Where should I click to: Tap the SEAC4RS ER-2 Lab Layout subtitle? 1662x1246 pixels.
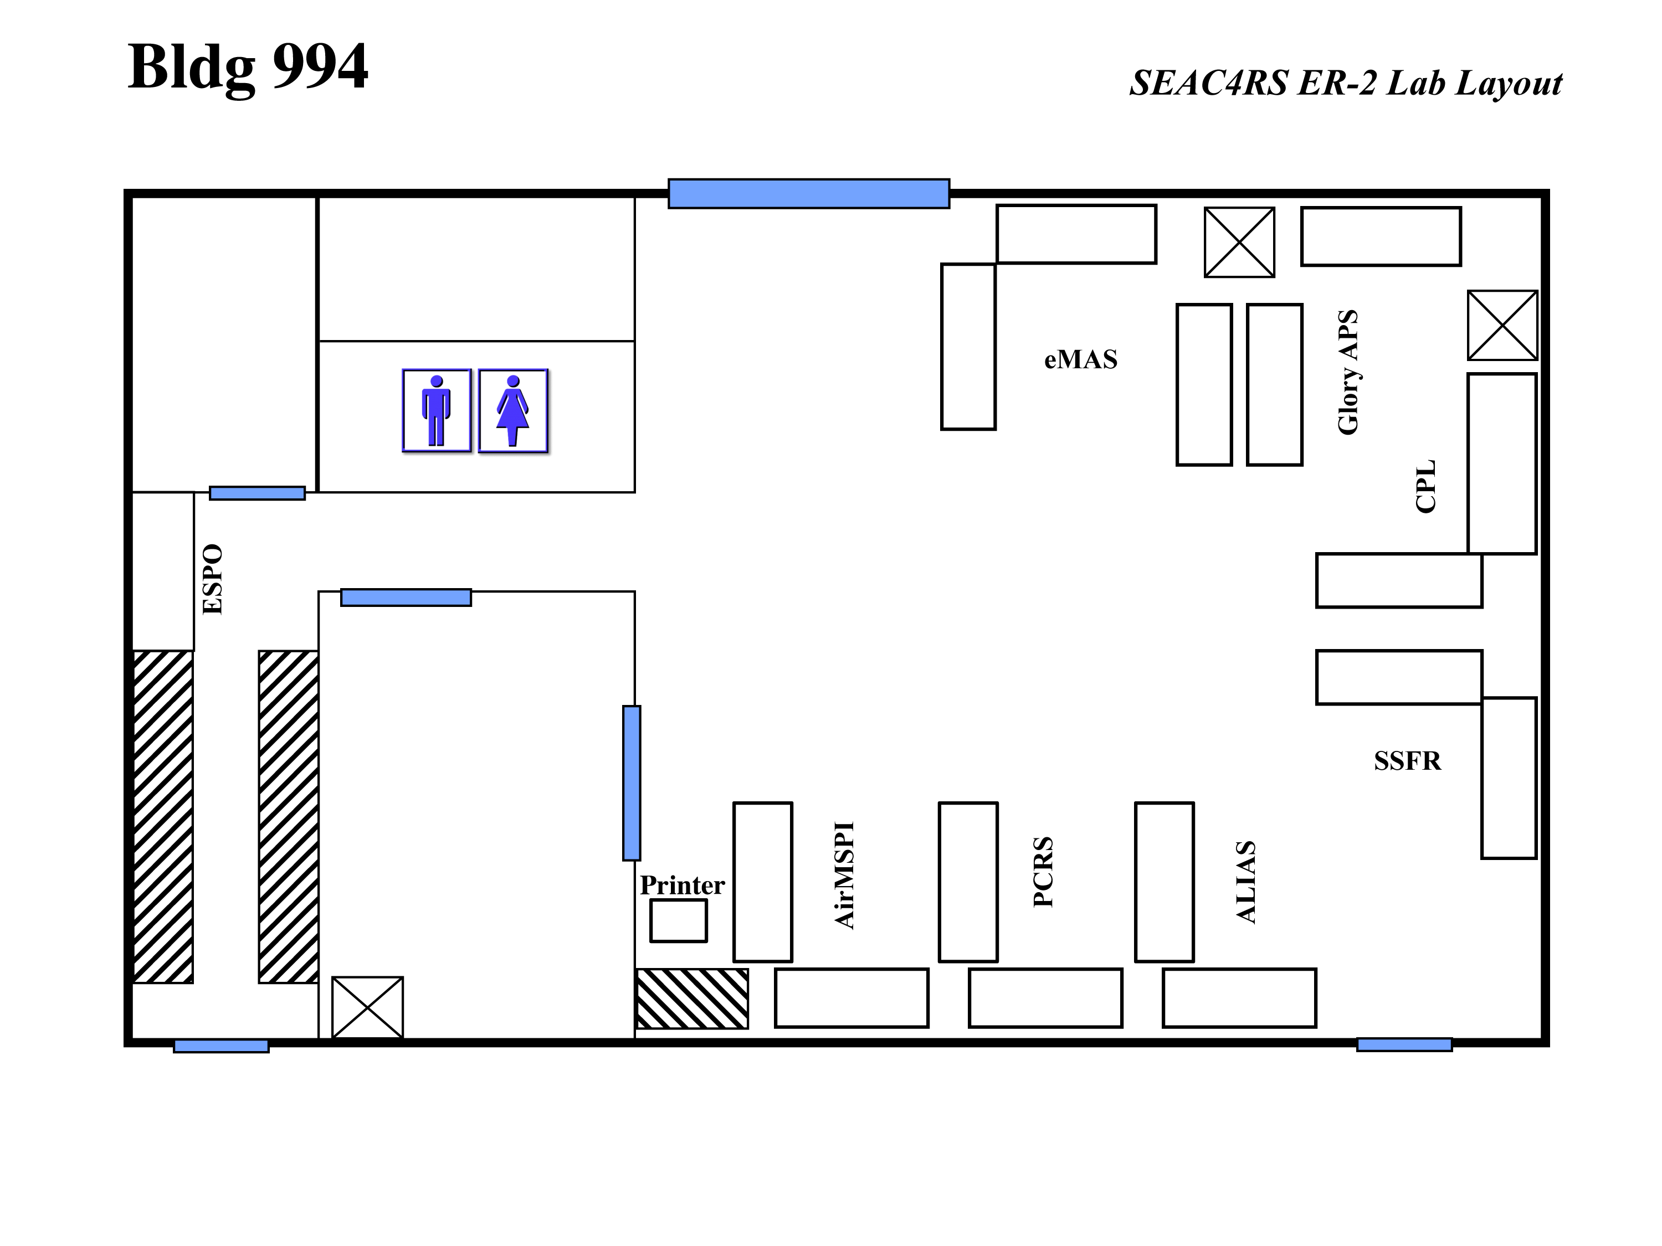click(1346, 83)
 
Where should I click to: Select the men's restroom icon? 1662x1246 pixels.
click(437, 410)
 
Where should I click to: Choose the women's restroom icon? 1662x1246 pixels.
click(513, 410)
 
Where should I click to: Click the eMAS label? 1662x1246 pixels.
click(1080, 360)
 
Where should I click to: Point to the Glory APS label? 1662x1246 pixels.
click(1348, 372)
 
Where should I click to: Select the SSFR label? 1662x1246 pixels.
click(1407, 761)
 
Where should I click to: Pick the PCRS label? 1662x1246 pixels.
click(1043, 872)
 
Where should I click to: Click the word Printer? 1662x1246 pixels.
click(682, 885)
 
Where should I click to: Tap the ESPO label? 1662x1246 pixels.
click(213, 579)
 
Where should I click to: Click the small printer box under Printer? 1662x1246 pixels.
click(679, 921)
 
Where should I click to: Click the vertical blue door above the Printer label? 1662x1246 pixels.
click(632, 782)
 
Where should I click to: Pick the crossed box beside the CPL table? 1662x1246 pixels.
click(1502, 325)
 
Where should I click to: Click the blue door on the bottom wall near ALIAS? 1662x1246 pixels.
click(1404, 1044)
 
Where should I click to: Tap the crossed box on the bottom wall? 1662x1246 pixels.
click(367, 1007)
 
